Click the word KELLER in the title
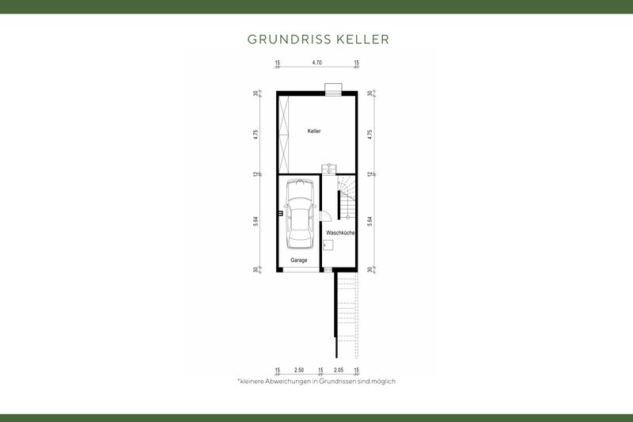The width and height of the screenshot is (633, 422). tap(361, 39)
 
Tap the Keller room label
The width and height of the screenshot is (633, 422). tap(314, 131)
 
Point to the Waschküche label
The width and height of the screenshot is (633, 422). tap(340, 233)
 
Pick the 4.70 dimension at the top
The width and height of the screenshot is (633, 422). tap(316, 62)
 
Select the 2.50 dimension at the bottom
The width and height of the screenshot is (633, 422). tap(298, 370)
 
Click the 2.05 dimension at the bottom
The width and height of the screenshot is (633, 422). tap(339, 370)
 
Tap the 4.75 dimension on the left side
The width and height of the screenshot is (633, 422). tap(256, 134)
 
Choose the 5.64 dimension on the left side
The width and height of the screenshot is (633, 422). tap(256, 223)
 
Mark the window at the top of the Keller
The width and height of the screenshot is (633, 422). tap(332, 89)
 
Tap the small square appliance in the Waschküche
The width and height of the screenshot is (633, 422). tap(327, 246)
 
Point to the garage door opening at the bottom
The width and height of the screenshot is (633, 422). tap(298, 271)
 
